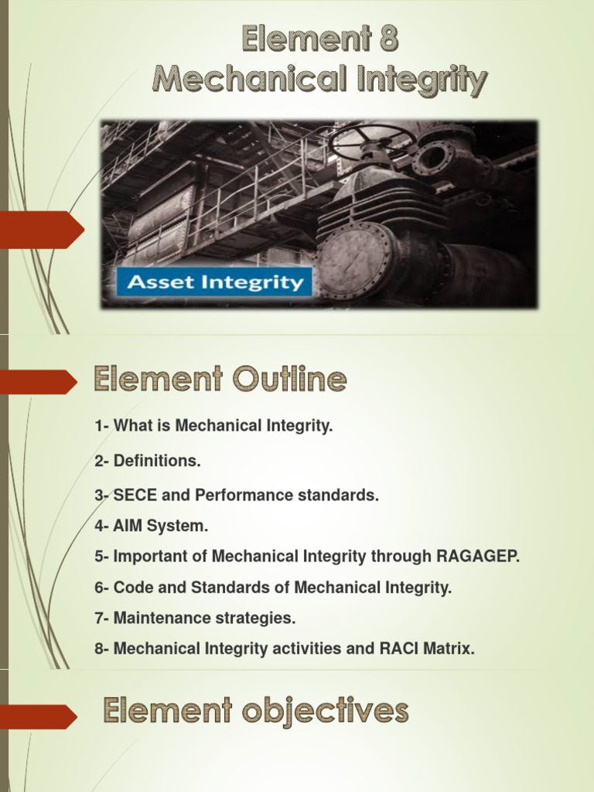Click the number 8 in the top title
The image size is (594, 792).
tap(388, 39)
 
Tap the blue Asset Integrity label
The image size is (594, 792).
tap(215, 282)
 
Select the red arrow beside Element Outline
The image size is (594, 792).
tap(39, 382)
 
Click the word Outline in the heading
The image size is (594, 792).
tap(290, 379)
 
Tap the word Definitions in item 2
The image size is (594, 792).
tap(157, 461)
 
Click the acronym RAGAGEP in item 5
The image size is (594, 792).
tap(478, 556)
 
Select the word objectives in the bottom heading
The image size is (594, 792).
tap(326, 712)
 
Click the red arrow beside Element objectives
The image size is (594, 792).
tap(39, 717)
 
